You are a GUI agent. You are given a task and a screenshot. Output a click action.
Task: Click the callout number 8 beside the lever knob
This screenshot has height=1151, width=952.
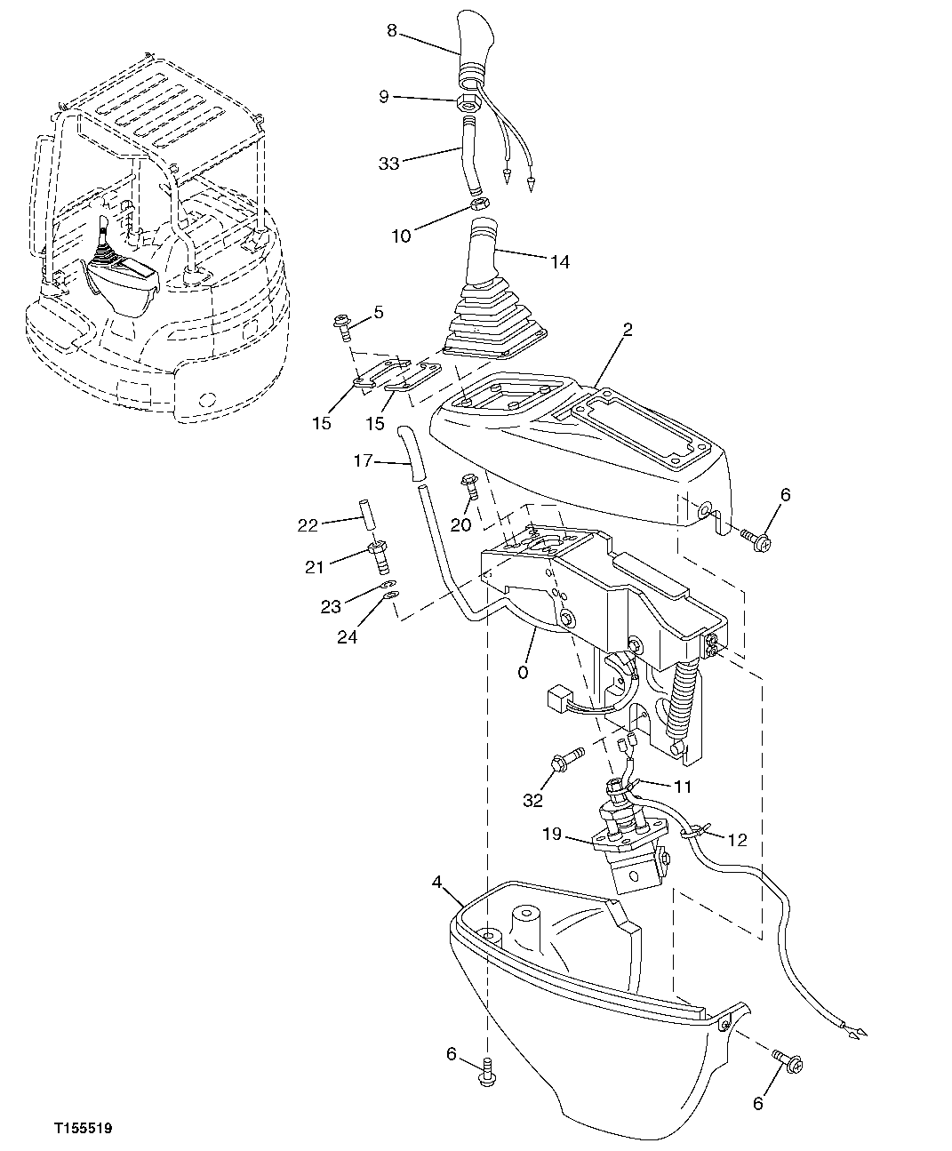[x=391, y=31]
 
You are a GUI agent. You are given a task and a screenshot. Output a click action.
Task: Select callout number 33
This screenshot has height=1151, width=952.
[x=388, y=164]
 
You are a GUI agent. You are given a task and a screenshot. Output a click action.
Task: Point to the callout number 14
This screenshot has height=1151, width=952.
[x=559, y=262]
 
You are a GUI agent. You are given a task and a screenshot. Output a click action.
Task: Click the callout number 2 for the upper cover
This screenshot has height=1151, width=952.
[x=628, y=330]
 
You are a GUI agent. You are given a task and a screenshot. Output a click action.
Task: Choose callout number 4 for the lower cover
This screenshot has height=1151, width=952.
[x=437, y=882]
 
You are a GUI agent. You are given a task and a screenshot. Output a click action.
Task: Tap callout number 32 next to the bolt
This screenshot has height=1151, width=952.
[x=532, y=800]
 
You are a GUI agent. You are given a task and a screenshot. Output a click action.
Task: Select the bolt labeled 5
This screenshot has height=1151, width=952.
[x=343, y=326]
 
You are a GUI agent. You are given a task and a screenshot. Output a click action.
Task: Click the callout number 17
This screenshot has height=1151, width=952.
[x=362, y=460]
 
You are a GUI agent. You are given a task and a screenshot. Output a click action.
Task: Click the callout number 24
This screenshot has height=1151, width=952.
[x=347, y=636]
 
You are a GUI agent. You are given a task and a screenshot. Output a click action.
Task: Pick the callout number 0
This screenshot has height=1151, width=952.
[x=522, y=673]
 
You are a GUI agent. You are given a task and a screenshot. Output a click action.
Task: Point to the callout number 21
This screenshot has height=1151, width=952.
[x=315, y=568]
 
